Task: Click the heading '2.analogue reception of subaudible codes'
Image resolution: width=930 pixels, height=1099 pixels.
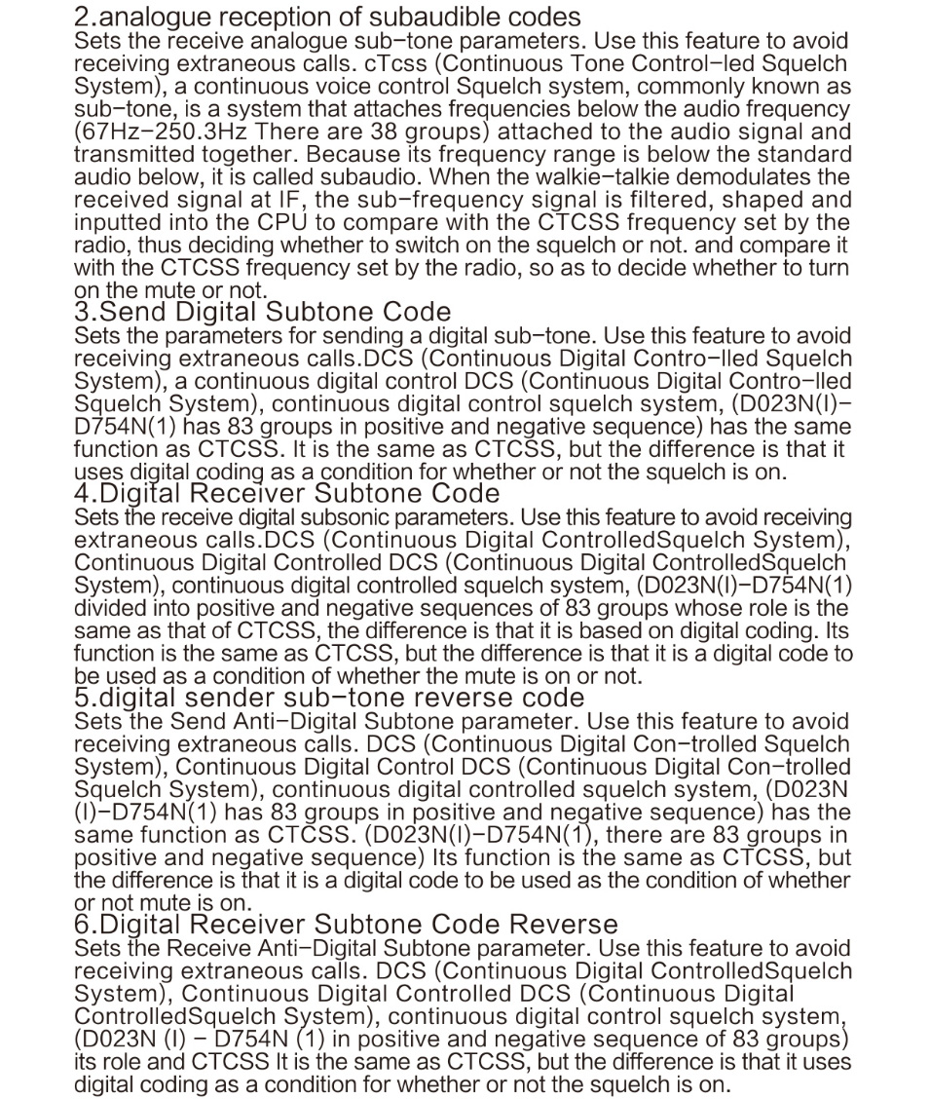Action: [x=327, y=18]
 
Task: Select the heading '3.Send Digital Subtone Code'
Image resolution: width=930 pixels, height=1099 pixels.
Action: [x=262, y=312]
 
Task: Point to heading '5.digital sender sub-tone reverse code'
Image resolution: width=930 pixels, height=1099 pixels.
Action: [x=329, y=698]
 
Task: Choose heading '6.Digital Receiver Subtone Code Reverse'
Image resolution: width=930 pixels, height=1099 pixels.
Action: [x=346, y=924]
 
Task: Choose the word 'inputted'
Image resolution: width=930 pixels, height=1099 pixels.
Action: [x=115, y=222]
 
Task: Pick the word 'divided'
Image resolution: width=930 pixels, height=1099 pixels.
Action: [x=109, y=607]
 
